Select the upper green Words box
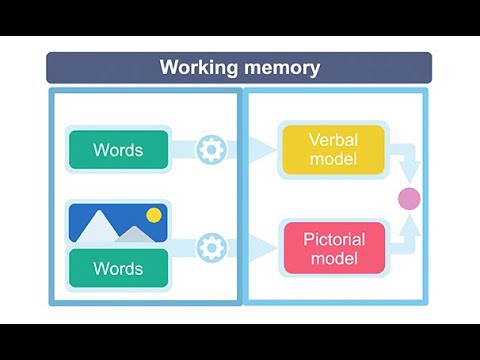pos(118,150)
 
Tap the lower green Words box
pos(118,268)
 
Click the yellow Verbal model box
pos(333,150)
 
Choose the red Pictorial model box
pos(333,248)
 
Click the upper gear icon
pos(210,150)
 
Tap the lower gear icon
pos(210,247)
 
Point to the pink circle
pos(408,198)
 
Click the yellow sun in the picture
pos(153,214)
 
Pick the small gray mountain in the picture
pos(132,236)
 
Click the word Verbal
pos(333,140)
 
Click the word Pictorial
pos(333,239)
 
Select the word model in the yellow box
pos(333,160)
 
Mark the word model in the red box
pos(333,259)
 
